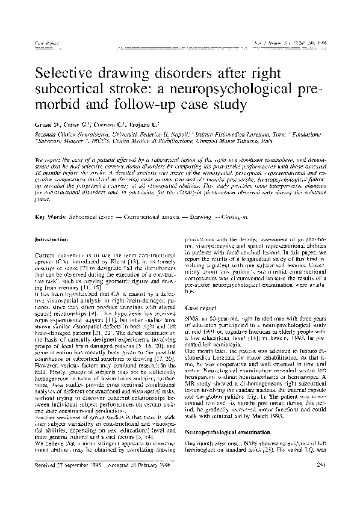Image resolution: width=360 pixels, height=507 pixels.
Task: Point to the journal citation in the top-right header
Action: pyautogui.click(x=293, y=43)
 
